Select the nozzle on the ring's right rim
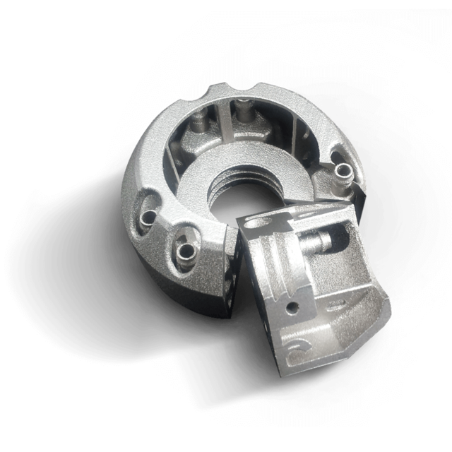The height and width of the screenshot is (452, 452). [x=343, y=171]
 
